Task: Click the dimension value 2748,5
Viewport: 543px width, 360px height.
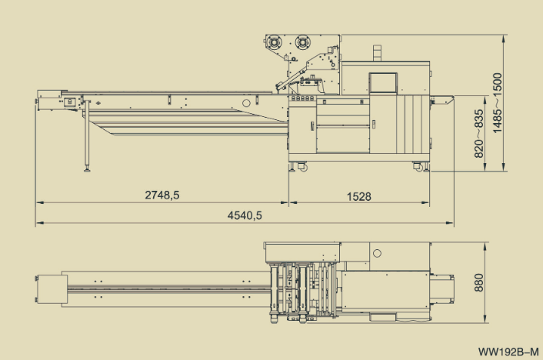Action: [162, 196]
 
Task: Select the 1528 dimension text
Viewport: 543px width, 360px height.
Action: [358, 196]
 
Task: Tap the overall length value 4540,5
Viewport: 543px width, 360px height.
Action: [245, 216]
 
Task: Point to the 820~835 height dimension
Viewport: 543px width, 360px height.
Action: [479, 132]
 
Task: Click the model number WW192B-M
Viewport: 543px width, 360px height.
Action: [508, 352]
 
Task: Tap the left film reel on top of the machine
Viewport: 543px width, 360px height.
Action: [275, 43]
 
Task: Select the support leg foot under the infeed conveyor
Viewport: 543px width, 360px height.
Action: [87, 168]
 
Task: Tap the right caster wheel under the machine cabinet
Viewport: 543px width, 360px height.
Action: [418, 165]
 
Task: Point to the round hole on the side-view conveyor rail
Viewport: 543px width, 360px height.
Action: [245, 102]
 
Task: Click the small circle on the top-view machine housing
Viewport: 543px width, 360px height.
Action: [377, 252]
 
